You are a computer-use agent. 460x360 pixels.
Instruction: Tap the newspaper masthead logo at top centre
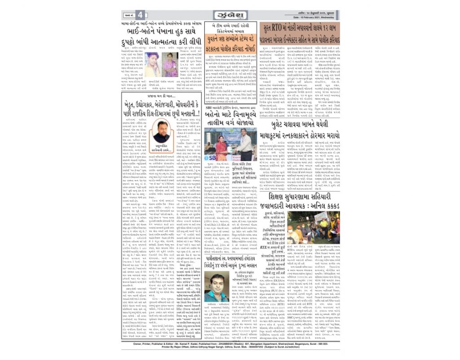click(x=230, y=15)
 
